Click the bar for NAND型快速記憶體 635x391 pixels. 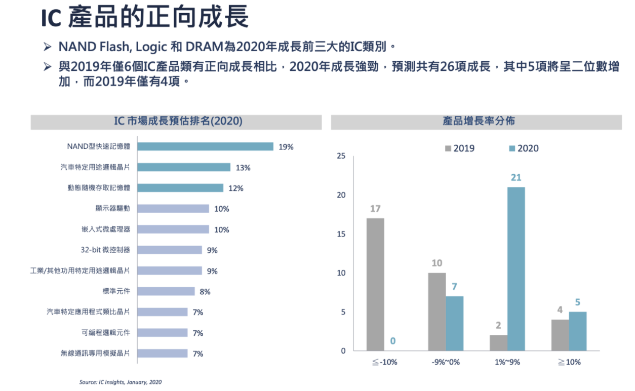pyautogui.click(x=206, y=146)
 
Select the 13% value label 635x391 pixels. pyautogui.click(x=243, y=168)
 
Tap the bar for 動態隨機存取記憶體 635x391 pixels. pyautogui.click(x=180, y=188)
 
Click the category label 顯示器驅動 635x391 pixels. pyautogui.click(x=112, y=209)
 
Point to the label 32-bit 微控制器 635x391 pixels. pyautogui.click(x=105, y=250)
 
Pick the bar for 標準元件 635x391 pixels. pyautogui.click(x=166, y=291)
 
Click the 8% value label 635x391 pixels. pyautogui.click(x=205, y=292)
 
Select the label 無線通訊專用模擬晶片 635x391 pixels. pyautogui.click(x=95, y=353)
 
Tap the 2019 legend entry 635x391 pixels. pyautogui.click(x=459, y=148)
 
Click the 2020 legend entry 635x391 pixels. pyautogui.click(x=524, y=148)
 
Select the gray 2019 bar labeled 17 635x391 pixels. pyautogui.click(x=375, y=284)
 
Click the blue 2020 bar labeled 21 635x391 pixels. pyautogui.click(x=516, y=268)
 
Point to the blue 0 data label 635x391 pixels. pyautogui.click(x=392, y=341)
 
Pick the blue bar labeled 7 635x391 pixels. pyautogui.click(x=454, y=323)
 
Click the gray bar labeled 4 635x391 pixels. pyautogui.click(x=560, y=335)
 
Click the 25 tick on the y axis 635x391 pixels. pyautogui.click(x=341, y=157)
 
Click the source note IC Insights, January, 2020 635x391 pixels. pyautogui.click(x=121, y=382)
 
